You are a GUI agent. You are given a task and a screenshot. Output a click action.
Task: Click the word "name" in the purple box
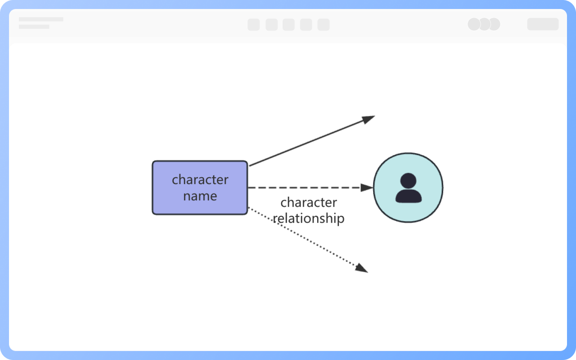point(200,196)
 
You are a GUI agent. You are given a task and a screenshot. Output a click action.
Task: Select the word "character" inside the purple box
point(200,180)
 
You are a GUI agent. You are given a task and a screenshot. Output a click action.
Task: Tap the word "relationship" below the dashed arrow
point(309,218)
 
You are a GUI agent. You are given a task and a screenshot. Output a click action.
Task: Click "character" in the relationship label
point(309,202)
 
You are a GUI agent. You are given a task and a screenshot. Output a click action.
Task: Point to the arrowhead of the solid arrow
point(369,119)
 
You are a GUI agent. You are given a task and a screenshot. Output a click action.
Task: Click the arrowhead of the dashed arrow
point(367,188)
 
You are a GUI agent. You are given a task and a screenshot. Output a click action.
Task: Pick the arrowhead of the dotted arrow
point(362,268)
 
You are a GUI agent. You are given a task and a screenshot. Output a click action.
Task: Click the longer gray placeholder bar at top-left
point(41,19)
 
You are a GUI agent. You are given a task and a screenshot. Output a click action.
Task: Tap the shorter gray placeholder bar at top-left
point(34,27)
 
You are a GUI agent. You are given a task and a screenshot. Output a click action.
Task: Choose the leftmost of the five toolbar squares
point(253,25)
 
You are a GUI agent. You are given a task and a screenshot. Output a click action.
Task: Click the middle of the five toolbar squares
point(288,25)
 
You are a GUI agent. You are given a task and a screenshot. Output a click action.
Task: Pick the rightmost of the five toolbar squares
point(324,25)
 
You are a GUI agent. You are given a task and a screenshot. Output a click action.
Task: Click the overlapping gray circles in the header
point(484,24)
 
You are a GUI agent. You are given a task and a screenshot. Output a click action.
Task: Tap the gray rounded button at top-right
point(543,24)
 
